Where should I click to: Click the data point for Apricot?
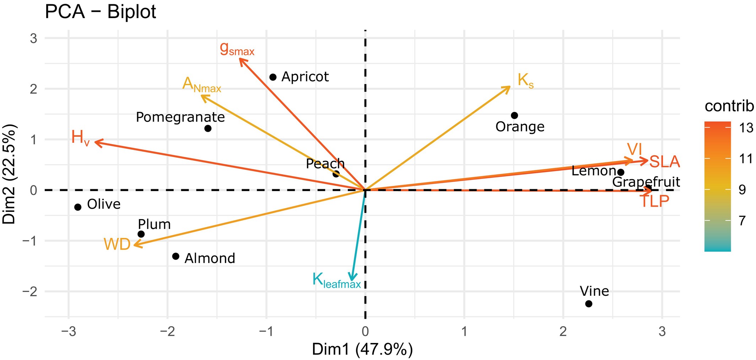[x=273, y=77]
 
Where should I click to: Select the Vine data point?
[x=589, y=304]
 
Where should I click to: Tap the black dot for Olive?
[x=78, y=207]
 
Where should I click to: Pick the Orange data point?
[x=514, y=115]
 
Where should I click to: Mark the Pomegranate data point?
[x=208, y=128]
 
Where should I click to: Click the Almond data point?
[x=175, y=256]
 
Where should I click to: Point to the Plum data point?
[x=141, y=234]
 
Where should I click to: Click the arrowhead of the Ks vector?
[x=510, y=87]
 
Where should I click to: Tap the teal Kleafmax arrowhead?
[x=352, y=280]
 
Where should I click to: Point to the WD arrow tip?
[x=135, y=245]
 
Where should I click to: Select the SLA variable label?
[x=664, y=162]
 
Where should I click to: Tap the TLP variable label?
[x=654, y=202]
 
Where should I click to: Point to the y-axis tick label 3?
[x=33, y=38]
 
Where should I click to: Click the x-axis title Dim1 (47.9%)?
[x=362, y=349]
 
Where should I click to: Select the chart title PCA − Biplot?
[x=101, y=12]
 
